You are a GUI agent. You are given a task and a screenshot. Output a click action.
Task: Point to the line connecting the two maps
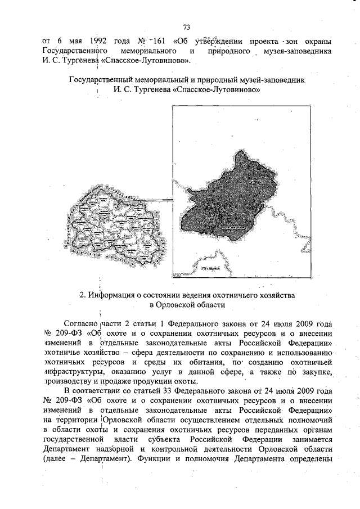(x=149, y=200)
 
